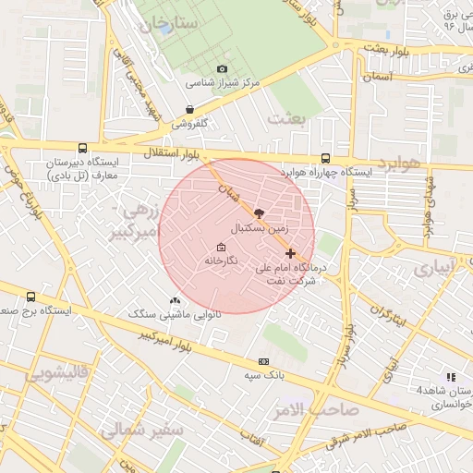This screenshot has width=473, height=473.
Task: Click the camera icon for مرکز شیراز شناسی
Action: click(x=222, y=69)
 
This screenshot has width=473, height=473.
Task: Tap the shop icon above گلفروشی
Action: click(x=190, y=109)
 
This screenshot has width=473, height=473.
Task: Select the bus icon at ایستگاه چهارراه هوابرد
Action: click(x=325, y=158)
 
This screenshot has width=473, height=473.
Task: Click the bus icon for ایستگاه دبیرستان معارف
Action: click(x=83, y=148)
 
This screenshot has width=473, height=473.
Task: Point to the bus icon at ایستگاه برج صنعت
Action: click(x=32, y=297)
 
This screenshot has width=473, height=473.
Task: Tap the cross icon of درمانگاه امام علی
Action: click(x=291, y=252)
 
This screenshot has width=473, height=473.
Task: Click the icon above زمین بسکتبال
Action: click(x=258, y=212)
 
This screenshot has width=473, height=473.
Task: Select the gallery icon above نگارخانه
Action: click(x=221, y=248)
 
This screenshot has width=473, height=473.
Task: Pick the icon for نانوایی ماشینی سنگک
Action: click(x=176, y=300)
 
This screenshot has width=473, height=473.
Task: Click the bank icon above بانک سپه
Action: click(x=264, y=361)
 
